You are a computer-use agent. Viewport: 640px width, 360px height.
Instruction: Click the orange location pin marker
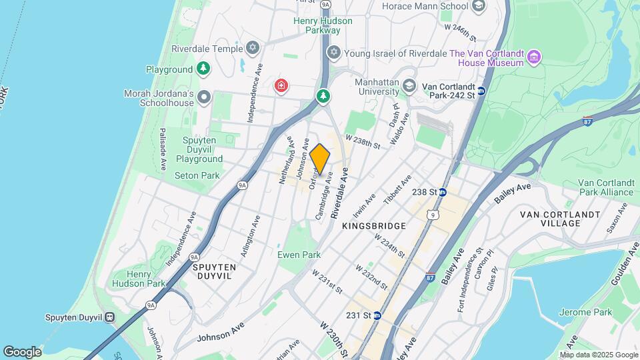coord(320,159)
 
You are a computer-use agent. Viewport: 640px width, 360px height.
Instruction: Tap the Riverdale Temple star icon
coord(252,48)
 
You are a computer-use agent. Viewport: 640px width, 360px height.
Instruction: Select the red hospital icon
coord(281,85)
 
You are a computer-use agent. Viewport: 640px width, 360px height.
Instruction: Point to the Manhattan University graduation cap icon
coord(409,86)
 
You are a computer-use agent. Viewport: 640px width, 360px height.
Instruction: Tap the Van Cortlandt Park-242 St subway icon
coord(481,91)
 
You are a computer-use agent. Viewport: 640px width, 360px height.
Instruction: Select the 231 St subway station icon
coord(377,315)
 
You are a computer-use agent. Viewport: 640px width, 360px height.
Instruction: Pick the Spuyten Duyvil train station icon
coord(109,317)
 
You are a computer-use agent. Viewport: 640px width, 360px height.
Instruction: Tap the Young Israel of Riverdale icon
coord(333,53)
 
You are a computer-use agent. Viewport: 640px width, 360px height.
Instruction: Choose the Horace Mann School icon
coord(477,7)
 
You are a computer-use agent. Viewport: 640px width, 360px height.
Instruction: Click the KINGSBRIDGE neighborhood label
coord(374,226)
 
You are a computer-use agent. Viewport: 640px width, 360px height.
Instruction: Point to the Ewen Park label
coord(299,255)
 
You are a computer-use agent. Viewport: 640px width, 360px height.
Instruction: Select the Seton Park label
coord(197,175)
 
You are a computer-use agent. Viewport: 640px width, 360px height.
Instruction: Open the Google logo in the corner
coord(22,351)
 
